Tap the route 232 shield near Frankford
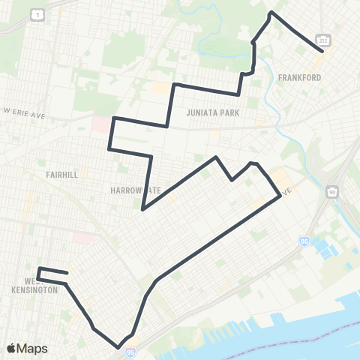pos(322,39)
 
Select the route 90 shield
pos(331,193)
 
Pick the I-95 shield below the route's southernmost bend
pos(130,351)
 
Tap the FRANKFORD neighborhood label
pos(299,77)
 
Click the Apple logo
pos(11,348)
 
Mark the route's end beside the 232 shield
pos(322,51)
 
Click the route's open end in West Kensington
pos(67,273)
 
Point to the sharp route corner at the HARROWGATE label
pos(142,208)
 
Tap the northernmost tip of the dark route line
pos(271,13)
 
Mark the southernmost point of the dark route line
pos(118,347)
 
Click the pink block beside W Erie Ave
pos(100,123)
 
